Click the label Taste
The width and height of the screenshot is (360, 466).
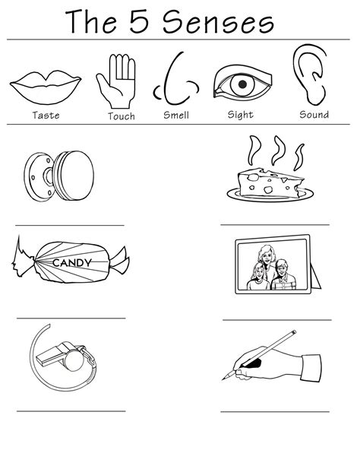pos(46,116)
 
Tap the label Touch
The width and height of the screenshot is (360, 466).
pos(121,116)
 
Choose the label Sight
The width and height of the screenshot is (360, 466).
pos(241,116)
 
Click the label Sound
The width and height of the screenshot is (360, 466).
pos(314,115)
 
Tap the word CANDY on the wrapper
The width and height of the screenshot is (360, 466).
pos(72,263)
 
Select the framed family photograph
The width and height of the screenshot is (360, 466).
pos(276,265)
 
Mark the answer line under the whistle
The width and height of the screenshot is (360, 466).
pos(71,411)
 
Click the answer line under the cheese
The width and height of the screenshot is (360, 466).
pos(275,225)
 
